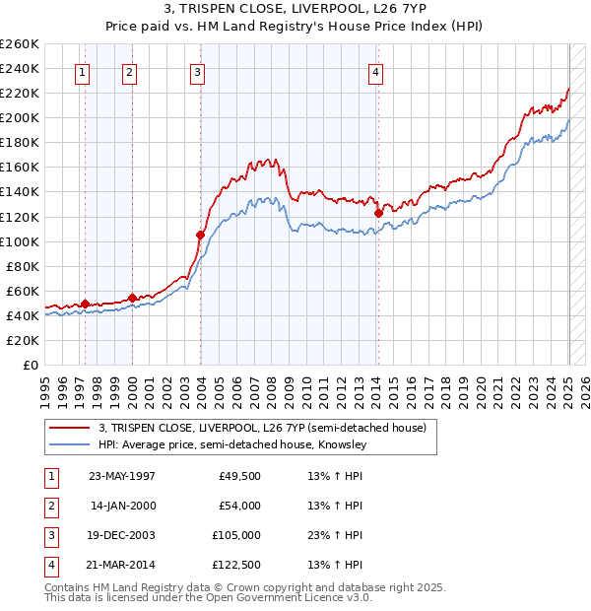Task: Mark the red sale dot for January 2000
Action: pos(132,298)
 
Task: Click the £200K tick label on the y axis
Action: pos(20,117)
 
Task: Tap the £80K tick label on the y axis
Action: pos(23,266)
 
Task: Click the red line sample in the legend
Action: pos(69,429)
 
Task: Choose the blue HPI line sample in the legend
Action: pos(69,445)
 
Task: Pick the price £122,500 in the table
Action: pos(233,565)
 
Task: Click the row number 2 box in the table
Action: pos(48,506)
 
